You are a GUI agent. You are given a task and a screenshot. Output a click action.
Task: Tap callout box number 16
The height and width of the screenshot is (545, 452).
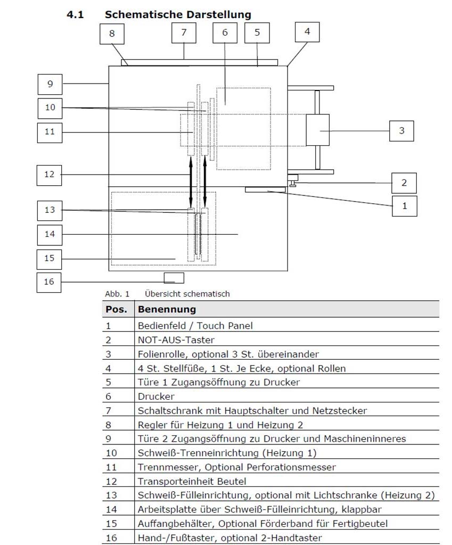tap(49, 282)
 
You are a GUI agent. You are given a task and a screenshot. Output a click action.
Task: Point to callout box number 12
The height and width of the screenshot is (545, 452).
tap(50, 174)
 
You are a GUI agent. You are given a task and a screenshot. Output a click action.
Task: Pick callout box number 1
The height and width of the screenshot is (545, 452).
tap(405, 205)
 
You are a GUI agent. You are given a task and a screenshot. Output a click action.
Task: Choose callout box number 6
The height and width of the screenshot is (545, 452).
tap(225, 33)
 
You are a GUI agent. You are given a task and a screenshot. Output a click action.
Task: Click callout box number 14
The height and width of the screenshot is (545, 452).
tap(50, 234)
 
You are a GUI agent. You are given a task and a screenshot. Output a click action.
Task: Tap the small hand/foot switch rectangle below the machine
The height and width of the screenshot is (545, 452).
tap(174, 278)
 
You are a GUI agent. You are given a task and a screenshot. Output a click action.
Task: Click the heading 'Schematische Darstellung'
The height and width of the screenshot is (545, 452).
tap(178, 14)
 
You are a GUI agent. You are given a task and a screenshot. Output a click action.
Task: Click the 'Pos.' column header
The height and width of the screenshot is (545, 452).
tap(116, 309)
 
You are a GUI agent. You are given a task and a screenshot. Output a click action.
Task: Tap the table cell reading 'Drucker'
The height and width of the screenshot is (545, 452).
tap(156, 397)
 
